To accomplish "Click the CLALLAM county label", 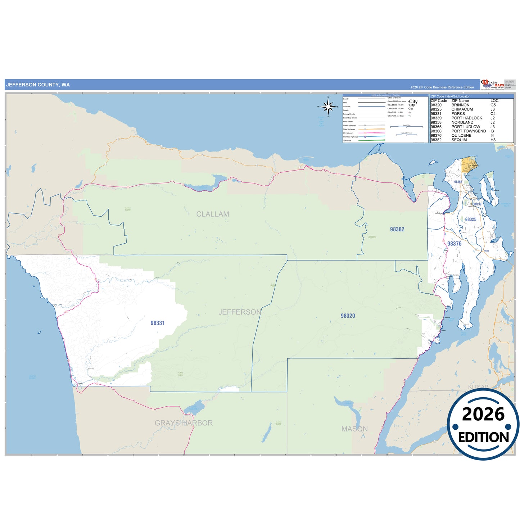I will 212,214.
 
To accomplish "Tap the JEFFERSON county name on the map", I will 240,312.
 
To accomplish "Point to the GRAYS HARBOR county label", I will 184,423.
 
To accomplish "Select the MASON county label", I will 354,429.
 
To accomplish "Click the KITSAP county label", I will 478,387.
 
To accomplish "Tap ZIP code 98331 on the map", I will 158,323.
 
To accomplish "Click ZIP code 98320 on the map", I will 348,316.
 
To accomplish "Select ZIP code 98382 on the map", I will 397,229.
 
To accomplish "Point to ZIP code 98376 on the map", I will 454,244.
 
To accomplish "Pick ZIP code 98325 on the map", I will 470,220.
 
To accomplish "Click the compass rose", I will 328,107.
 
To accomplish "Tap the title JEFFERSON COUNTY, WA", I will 38,85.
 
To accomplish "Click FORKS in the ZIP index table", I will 458,114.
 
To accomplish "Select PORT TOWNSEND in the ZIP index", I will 469,131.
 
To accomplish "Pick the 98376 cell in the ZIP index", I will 436,136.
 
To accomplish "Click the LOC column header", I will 494,101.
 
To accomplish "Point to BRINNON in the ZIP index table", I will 460,105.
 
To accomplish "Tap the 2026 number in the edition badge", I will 483,414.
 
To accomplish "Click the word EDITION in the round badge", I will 483,437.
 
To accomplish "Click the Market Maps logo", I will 492,84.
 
